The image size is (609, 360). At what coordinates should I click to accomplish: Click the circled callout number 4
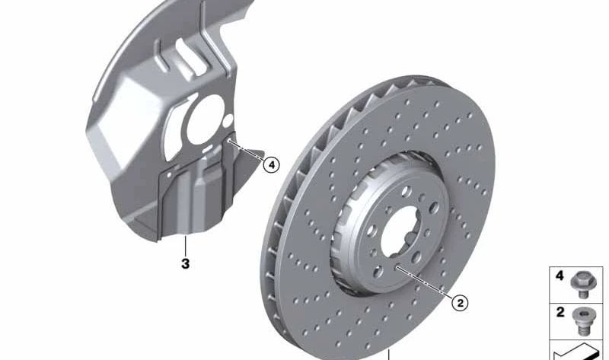271,165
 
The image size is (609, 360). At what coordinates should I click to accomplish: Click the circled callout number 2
461,303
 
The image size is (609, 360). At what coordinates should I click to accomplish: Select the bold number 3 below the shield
185,263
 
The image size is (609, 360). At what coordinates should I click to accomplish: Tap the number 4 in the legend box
560,276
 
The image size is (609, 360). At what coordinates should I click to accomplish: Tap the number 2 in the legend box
560,311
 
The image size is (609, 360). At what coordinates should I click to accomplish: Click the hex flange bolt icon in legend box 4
583,285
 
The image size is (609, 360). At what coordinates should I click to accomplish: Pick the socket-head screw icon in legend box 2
582,321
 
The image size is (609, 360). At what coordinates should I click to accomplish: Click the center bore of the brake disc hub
401,232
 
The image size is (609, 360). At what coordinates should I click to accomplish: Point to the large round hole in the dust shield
205,119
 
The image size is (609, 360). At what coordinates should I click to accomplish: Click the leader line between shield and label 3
185,245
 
